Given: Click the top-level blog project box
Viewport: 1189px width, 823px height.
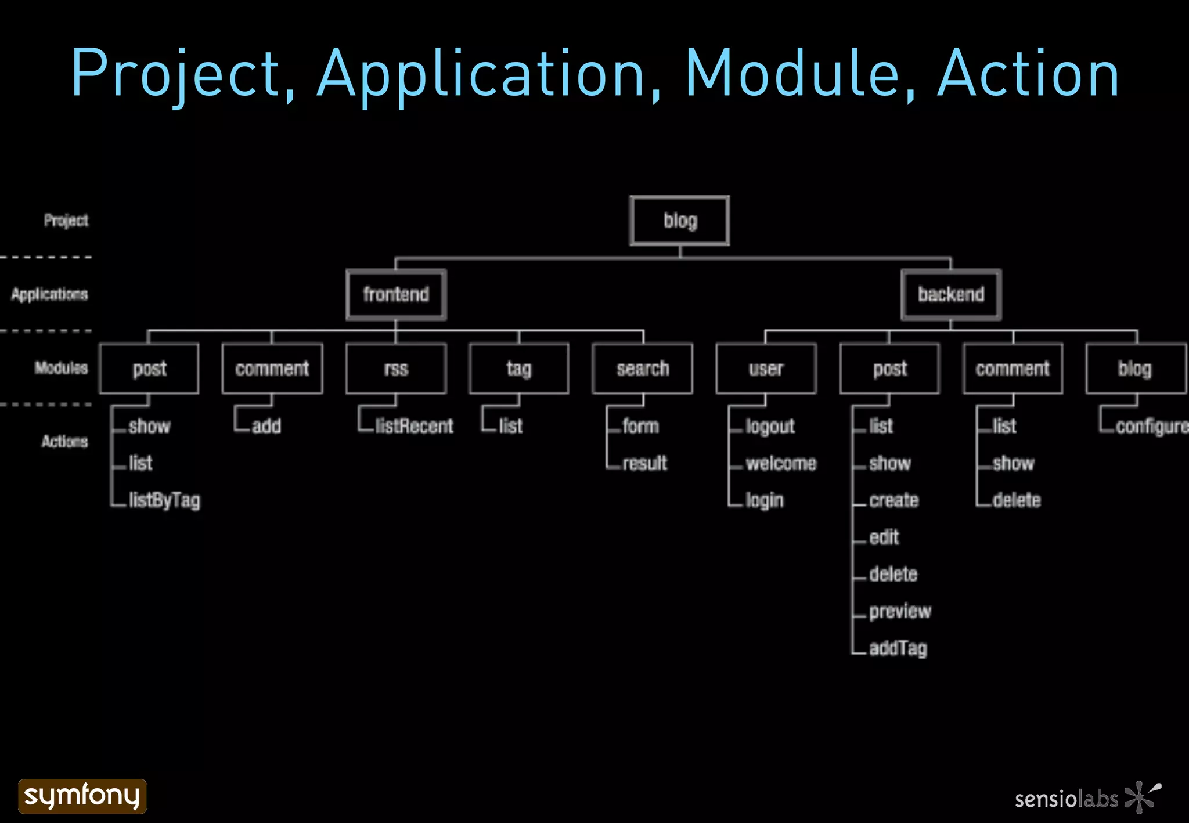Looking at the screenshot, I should pyautogui.click(x=679, y=221).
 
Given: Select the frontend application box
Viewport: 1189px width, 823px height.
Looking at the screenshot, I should pyautogui.click(x=396, y=294).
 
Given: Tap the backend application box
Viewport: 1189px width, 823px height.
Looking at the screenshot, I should pyautogui.click(x=951, y=294).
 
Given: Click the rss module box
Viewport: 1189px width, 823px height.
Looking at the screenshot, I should pyautogui.click(x=396, y=369).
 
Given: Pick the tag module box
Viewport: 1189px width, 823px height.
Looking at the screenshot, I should pyautogui.click(x=519, y=369).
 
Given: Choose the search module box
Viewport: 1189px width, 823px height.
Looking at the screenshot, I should pyautogui.click(x=643, y=369).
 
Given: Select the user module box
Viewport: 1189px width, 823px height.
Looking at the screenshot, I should pyautogui.click(x=766, y=369).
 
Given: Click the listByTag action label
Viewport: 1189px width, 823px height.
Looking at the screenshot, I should pyautogui.click(x=164, y=500).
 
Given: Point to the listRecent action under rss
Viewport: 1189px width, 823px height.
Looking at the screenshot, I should pyautogui.click(x=414, y=427).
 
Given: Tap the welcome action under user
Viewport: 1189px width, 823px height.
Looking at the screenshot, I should pyautogui.click(x=781, y=463).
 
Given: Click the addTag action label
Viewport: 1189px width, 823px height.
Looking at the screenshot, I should pyautogui.click(x=898, y=648).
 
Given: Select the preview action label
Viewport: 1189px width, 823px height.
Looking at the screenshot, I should pyautogui.click(x=900, y=611).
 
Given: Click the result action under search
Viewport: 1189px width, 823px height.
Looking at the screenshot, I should pyautogui.click(x=644, y=463).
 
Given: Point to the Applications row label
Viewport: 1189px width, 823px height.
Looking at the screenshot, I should pyautogui.click(x=50, y=294).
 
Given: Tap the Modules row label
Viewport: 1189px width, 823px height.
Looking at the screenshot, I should pyautogui.click(x=61, y=368).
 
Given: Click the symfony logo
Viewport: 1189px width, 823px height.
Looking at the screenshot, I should pyautogui.click(x=82, y=796).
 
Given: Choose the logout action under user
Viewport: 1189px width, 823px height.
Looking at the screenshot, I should pyautogui.click(x=770, y=427).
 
